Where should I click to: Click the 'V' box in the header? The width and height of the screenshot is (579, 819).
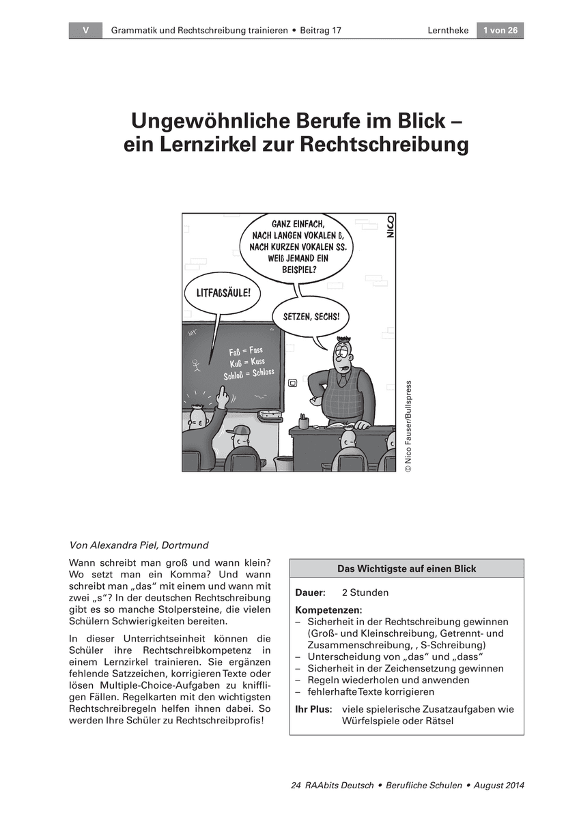[x=85, y=30]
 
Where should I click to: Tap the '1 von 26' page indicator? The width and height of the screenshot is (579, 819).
[x=500, y=30]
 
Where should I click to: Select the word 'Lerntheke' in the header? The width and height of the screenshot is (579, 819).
[x=448, y=30]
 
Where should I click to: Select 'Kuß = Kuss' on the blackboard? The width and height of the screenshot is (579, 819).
[x=247, y=362]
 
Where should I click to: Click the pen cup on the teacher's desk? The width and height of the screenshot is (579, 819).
[x=303, y=421]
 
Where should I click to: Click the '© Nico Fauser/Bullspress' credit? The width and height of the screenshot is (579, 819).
[x=408, y=426]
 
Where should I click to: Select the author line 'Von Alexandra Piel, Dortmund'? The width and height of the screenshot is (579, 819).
[x=139, y=545]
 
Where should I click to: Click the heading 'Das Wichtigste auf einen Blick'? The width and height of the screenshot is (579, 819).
[x=406, y=569]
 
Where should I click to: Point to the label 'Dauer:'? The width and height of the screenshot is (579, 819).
[x=310, y=592]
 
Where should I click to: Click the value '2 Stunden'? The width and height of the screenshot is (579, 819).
[x=365, y=592]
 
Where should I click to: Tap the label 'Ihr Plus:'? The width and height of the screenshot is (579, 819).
[x=313, y=709]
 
